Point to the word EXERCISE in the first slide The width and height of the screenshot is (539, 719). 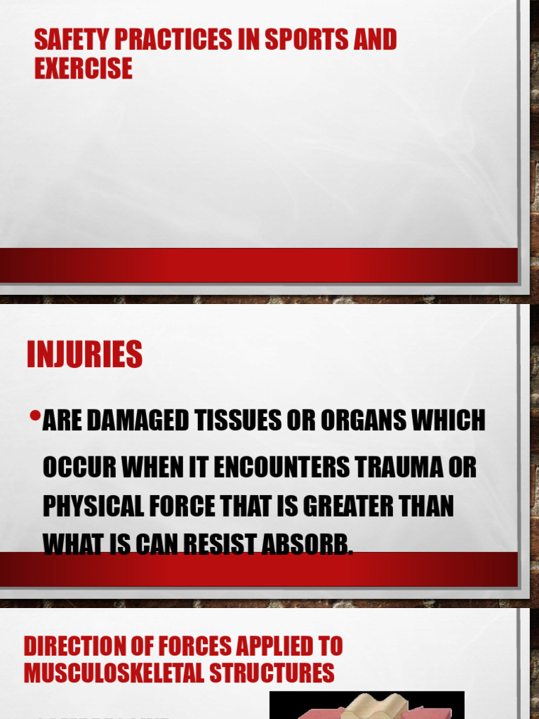click(83, 68)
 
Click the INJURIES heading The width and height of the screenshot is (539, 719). click(84, 355)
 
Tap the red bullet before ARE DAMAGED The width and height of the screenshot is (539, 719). click(34, 417)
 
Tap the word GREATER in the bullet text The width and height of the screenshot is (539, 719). click(342, 507)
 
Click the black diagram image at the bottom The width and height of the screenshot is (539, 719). click(366, 705)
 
